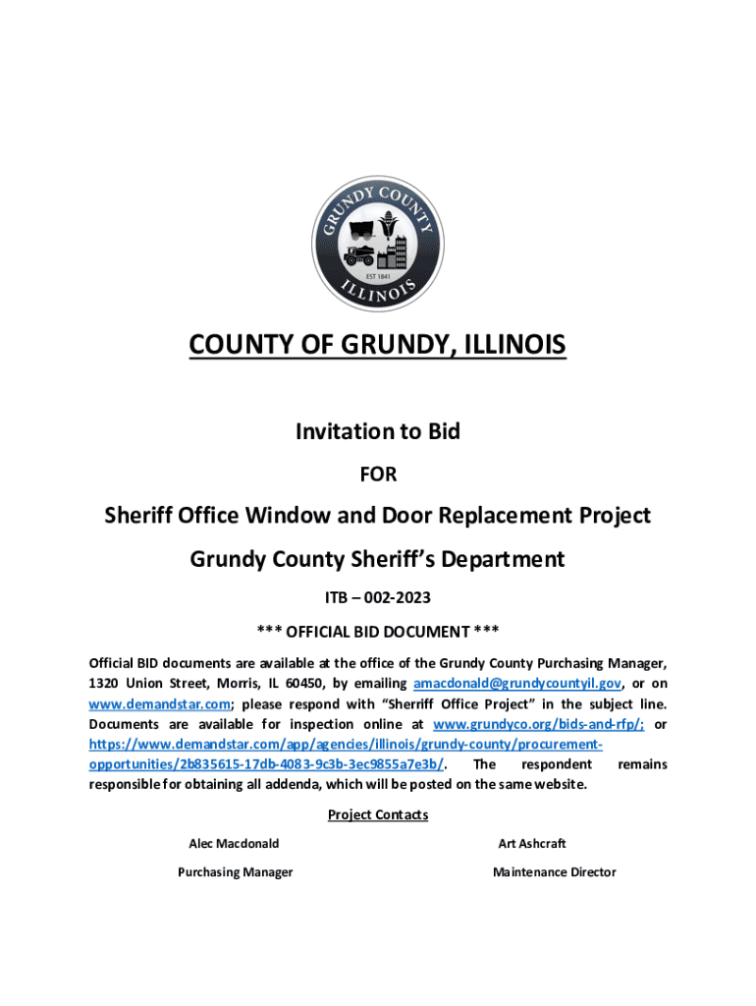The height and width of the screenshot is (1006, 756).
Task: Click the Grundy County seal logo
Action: click(x=378, y=241)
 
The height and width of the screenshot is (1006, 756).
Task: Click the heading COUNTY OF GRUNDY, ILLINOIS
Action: click(x=378, y=346)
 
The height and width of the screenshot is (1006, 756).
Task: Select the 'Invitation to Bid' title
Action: click(x=378, y=431)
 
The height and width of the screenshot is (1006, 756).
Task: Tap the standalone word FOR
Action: click(x=378, y=475)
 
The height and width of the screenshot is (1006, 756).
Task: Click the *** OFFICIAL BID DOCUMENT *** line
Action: click(x=378, y=630)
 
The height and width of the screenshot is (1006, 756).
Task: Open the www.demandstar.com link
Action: click(x=160, y=703)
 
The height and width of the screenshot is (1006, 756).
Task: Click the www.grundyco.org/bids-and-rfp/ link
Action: click(x=538, y=724)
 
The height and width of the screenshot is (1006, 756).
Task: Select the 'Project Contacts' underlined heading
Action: click(x=378, y=815)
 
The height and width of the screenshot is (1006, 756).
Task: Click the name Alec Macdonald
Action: click(x=234, y=844)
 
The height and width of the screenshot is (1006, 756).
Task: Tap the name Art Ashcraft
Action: click(x=532, y=844)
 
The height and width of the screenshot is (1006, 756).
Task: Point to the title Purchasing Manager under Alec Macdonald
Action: click(x=235, y=872)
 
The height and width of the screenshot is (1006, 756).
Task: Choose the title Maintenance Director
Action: click(x=554, y=872)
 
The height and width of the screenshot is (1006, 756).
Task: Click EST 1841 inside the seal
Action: click(x=378, y=277)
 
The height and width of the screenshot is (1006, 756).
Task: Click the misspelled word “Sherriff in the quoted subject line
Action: click(x=417, y=703)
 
